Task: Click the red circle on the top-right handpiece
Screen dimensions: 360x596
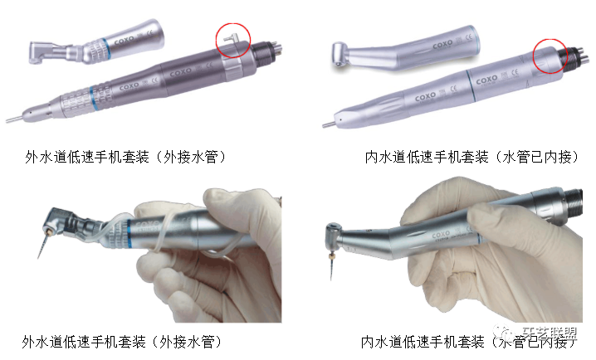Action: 550,56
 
